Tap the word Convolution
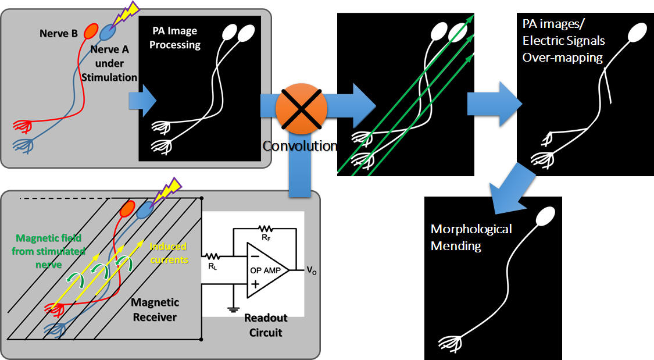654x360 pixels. tap(299, 146)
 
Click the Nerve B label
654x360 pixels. tap(59, 33)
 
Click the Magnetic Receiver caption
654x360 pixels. tap(155, 309)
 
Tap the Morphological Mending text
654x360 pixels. tap(471, 237)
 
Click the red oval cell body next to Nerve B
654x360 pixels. tap(91, 31)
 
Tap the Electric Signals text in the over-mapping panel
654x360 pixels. tap(562, 41)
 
